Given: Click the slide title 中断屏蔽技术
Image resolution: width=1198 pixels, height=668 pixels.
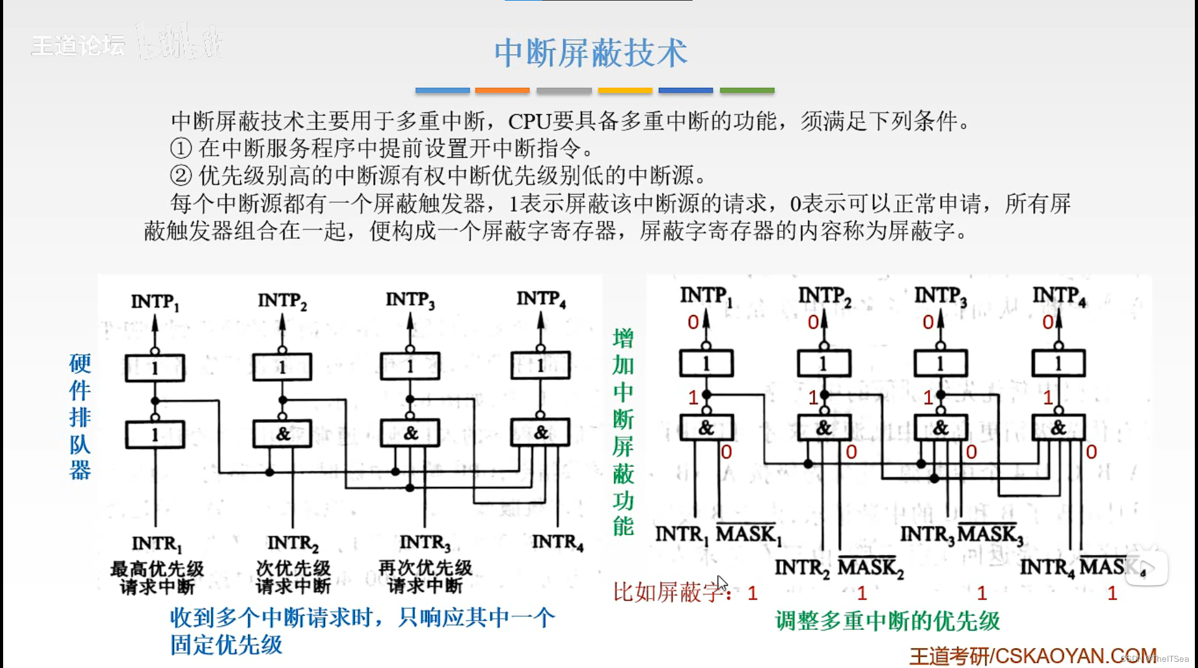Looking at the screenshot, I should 590,53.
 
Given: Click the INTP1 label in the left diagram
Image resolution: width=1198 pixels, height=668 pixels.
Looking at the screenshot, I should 155,302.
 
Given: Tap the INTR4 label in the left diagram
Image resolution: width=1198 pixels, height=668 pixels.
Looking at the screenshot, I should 557,542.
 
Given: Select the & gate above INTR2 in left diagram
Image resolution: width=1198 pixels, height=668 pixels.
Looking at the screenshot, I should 283,433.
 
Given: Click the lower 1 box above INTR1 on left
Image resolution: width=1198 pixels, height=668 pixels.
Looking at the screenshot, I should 155,435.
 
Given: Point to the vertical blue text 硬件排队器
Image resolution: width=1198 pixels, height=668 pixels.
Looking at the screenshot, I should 80,416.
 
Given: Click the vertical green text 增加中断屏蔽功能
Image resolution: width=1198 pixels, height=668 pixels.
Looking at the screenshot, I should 623,432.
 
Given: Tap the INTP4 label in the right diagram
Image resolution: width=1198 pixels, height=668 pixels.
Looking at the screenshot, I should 1059,296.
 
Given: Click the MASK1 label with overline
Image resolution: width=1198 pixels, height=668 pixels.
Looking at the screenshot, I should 748,534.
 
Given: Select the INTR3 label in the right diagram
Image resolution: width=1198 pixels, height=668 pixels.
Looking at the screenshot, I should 927,535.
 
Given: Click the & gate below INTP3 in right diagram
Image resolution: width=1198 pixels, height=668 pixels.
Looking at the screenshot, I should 940,428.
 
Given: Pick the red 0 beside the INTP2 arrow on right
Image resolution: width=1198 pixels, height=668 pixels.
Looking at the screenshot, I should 813,322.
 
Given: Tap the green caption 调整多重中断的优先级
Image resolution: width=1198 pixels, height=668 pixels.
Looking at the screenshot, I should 887,621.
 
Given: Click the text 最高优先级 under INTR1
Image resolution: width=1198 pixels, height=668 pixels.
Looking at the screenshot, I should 157,568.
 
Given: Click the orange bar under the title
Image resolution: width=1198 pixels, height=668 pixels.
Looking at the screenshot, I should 502,91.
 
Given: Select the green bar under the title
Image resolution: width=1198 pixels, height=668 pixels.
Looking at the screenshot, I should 747,91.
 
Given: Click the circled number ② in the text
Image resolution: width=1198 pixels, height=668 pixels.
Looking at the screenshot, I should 180,176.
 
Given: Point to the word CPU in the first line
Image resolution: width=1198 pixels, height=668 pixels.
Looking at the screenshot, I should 529,121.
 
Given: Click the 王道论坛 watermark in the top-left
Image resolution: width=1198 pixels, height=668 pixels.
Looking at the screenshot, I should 78,46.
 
